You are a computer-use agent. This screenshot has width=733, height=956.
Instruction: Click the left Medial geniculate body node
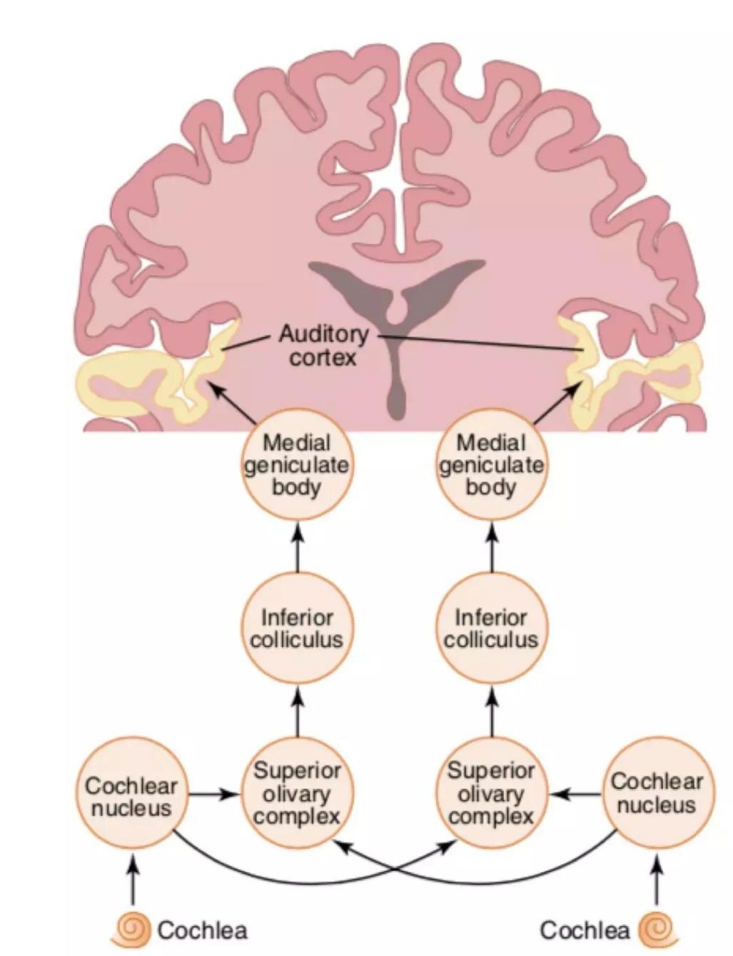[x=297, y=465]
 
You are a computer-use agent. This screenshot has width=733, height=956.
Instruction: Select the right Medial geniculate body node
[x=491, y=465]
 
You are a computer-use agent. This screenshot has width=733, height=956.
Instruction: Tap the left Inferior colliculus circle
[x=297, y=628]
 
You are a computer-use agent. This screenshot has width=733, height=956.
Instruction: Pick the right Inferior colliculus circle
[x=491, y=628]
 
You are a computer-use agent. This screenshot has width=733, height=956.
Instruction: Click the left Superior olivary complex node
[x=297, y=793]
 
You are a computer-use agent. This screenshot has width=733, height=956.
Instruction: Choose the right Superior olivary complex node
[x=491, y=793]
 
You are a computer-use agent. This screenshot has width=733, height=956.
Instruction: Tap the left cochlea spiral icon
[x=131, y=929]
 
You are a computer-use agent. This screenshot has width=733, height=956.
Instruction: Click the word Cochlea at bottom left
[x=202, y=930]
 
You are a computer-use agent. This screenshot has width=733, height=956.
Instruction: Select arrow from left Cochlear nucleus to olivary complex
[x=214, y=794]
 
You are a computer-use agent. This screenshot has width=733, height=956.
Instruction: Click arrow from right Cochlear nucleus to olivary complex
[x=577, y=793]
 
